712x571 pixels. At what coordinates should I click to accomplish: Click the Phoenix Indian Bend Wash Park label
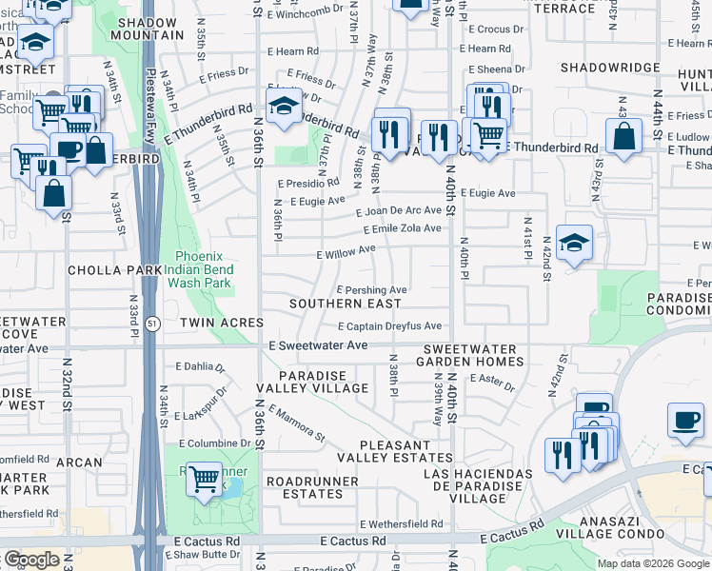pos(205,269)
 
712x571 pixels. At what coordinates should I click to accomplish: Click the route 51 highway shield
pos(154,324)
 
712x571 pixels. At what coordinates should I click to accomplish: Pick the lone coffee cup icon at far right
pos(685,421)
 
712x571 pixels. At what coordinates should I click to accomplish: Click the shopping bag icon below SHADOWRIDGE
pos(623,135)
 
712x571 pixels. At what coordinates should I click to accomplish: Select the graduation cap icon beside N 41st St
pos(575,244)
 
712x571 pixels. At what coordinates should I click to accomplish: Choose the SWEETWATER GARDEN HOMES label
pos(473,356)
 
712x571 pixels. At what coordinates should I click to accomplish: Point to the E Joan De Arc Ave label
pos(399,210)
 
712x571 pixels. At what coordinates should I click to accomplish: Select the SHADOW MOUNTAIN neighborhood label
pos(147,27)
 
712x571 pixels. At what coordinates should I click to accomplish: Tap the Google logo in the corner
pos(30,560)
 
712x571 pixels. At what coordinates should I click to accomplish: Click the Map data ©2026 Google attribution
pos(653,563)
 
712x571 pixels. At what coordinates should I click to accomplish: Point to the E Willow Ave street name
pos(346,252)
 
